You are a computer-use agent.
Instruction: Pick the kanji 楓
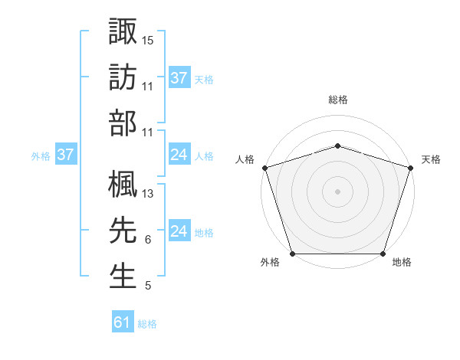coord(123,184)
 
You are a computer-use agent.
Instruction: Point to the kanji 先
coord(123,230)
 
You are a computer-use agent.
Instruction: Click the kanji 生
coord(123,275)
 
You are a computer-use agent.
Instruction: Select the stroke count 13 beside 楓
coord(148,194)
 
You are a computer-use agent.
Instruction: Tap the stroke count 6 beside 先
coord(147,240)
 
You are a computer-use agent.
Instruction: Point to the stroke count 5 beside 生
coord(147,286)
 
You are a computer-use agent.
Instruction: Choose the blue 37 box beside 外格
coord(65,155)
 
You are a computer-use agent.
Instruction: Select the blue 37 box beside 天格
coord(179,78)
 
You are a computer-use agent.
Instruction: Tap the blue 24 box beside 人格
coord(179,155)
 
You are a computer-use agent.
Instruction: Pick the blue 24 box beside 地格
coord(179,231)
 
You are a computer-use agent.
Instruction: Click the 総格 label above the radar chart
coord(337,100)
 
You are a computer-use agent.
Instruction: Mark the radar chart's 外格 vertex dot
coord(292,254)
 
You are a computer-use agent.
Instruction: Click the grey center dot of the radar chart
coord(337,191)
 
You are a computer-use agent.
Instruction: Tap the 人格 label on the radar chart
coord(245,159)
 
